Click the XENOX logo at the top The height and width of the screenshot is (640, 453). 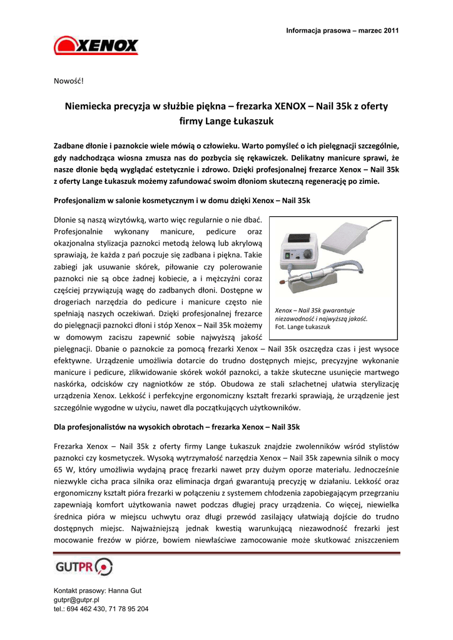tap(96, 46)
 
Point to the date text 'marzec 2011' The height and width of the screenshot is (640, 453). tap(378, 31)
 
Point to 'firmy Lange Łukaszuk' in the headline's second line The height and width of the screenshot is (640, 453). tap(227, 121)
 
